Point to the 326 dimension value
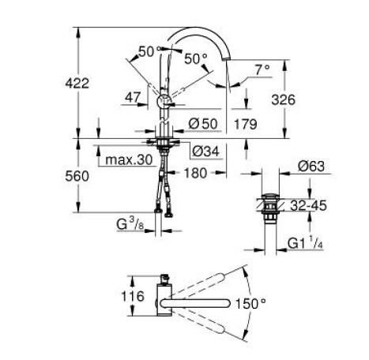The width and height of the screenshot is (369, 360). (273, 100)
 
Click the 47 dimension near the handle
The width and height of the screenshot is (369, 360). (134, 99)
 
